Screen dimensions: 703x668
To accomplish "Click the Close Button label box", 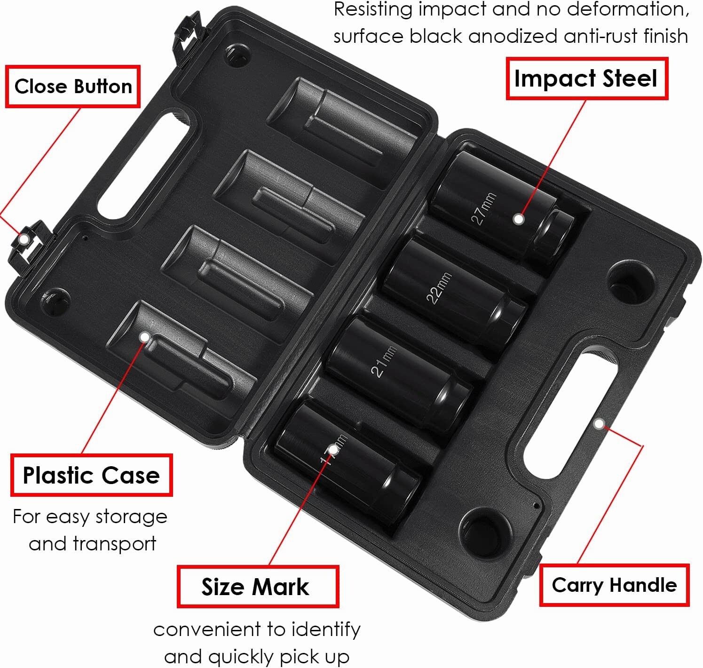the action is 73,86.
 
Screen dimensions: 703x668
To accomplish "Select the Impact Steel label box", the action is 587,79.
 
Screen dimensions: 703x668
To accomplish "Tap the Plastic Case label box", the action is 92,475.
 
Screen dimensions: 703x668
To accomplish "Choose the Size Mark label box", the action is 258,587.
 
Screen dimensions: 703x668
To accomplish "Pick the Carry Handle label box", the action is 614,585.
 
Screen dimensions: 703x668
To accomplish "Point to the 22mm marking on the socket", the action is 439,288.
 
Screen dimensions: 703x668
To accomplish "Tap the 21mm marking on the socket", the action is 384,361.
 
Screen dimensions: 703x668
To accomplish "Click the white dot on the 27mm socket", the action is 519,219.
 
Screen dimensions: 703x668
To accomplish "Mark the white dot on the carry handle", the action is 599,424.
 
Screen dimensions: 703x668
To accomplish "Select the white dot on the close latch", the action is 24,239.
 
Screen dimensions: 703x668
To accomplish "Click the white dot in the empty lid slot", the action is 144,337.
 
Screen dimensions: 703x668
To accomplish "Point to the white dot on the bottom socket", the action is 333,450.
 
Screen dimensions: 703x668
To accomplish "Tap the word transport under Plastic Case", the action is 114,544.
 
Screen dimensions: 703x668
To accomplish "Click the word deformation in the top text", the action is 628,10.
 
